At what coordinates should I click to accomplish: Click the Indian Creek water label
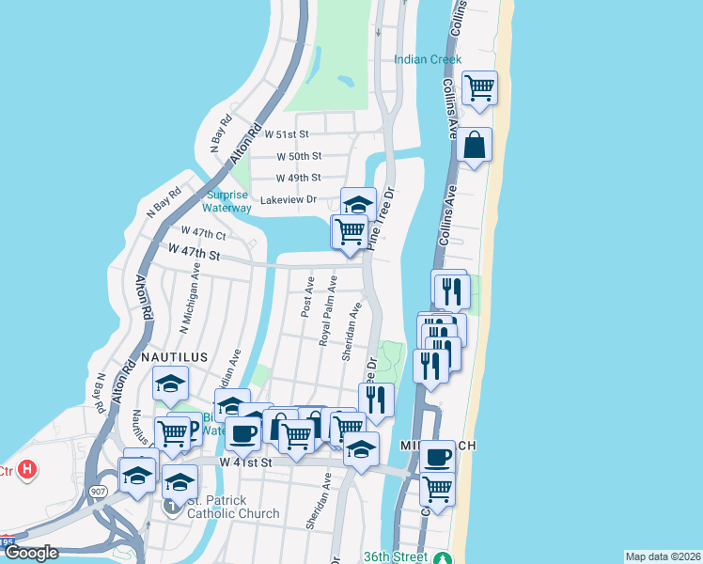tap(428, 59)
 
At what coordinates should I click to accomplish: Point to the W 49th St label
tap(298, 178)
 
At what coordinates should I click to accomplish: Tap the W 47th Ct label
tap(203, 231)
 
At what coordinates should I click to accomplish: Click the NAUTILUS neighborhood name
tap(173, 358)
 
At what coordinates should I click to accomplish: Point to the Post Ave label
tap(307, 296)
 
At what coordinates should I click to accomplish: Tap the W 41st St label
tap(245, 462)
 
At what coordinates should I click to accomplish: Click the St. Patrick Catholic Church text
tap(233, 507)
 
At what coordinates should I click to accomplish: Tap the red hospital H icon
tap(28, 468)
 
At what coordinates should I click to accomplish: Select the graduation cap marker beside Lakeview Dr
tap(358, 204)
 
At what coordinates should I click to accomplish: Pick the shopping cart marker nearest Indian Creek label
tap(480, 87)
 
